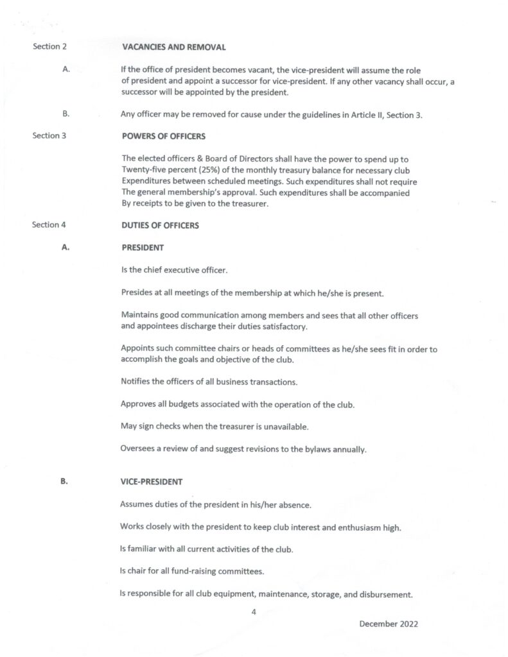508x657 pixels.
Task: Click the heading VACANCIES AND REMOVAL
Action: (x=173, y=47)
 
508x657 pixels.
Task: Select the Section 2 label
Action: (x=49, y=47)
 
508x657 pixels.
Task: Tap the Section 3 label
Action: (x=49, y=135)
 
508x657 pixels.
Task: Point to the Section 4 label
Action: (x=49, y=225)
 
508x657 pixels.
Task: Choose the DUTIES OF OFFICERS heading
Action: (x=160, y=225)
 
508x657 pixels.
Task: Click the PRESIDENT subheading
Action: (x=142, y=247)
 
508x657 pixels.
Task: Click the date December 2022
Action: (x=389, y=624)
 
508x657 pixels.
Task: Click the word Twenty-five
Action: (x=143, y=169)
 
